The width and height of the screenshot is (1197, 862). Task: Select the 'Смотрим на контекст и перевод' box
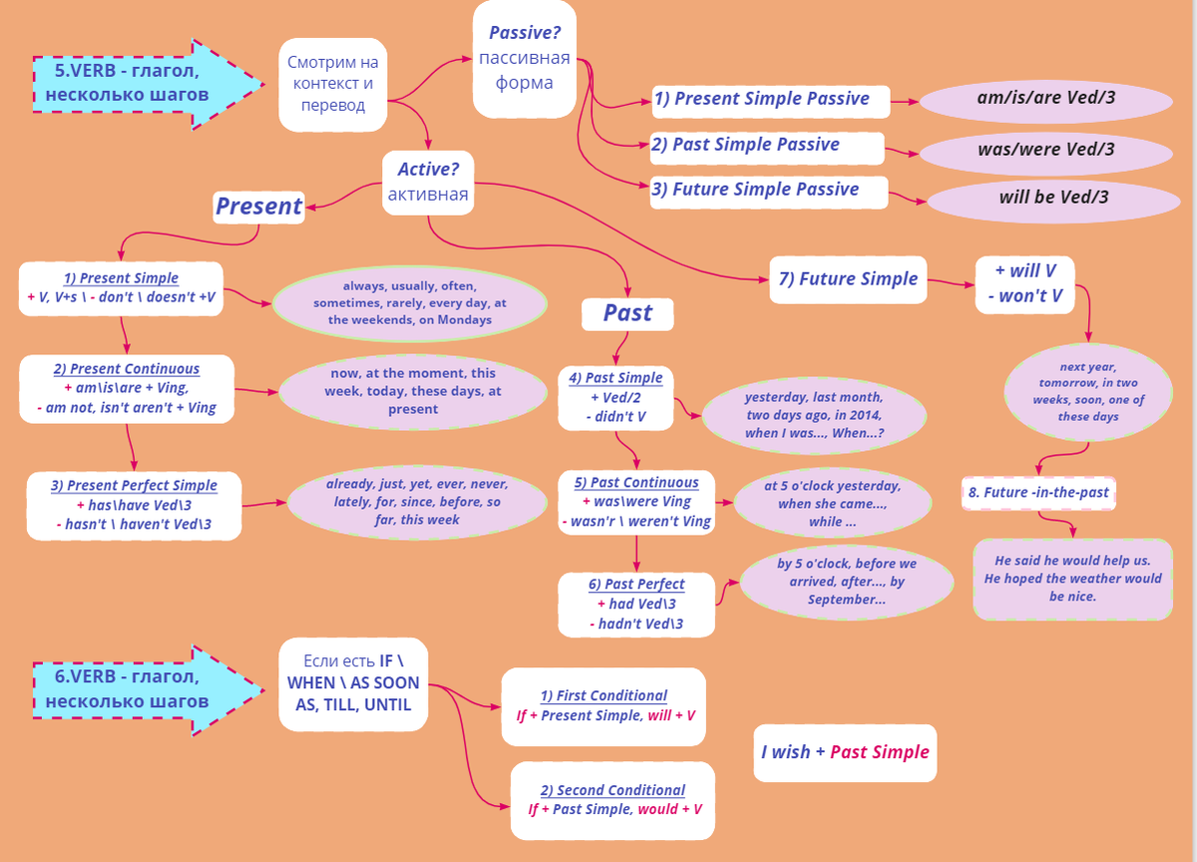pos(333,84)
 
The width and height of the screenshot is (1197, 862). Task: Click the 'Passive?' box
pos(525,58)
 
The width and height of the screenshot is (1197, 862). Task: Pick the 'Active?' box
pos(428,182)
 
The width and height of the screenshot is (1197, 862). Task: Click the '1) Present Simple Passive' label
pos(762,99)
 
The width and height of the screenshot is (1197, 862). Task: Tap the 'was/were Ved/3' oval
pos(1045,151)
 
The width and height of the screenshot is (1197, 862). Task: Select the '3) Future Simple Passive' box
pos(767,190)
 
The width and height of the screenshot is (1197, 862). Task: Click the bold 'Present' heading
pos(258,207)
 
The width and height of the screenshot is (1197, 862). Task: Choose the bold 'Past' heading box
pos(627,313)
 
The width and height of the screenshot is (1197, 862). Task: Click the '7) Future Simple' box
pos(848,279)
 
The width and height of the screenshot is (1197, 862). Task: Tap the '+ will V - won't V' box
pos(1024,283)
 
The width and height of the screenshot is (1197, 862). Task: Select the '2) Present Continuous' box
pos(126,388)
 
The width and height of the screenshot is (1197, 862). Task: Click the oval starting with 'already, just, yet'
pos(413,503)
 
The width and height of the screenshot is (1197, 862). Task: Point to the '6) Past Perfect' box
pos(636,604)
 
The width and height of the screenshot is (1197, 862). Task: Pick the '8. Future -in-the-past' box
pos(1038,493)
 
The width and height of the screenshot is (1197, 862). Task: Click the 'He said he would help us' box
pos(1072,579)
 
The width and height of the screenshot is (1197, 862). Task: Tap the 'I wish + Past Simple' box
pos(845,752)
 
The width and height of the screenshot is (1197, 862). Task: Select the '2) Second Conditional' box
pos(613,800)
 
